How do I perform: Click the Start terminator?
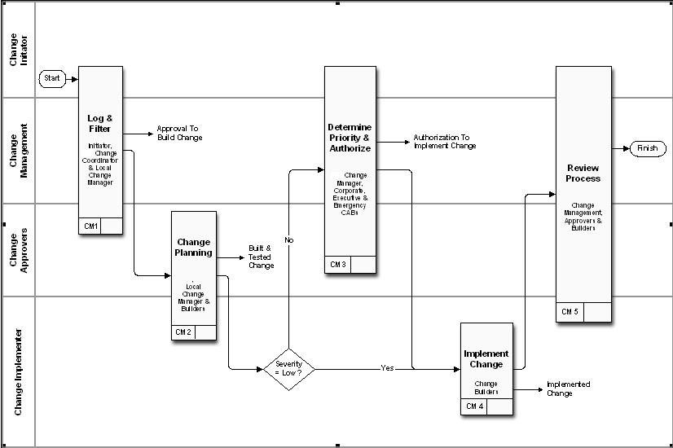(x=52, y=79)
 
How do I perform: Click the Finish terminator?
(x=647, y=148)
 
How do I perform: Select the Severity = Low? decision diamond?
(x=289, y=368)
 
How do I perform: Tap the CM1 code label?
(x=90, y=226)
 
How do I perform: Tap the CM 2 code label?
(x=183, y=332)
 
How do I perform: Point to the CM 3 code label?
(x=338, y=265)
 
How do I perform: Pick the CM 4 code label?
(x=474, y=406)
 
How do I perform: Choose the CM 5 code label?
(x=570, y=311)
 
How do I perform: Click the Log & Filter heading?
(x=100, y=124)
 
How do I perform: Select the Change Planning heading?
(x=193, y=247)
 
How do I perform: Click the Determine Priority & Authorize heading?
(x=350, y=138)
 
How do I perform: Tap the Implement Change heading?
(x=486, y=359)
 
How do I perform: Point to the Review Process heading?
(x=583, y=173)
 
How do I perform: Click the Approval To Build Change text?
(x=179, y=133)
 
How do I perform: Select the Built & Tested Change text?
(x=261, y=257)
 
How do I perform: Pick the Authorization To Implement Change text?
(x=444, y=142)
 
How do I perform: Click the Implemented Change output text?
(x=568, y=389)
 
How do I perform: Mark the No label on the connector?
(x=288, y=240)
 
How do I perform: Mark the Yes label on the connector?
(x=387, y=368)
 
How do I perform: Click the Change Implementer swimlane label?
(x=19, y=372)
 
